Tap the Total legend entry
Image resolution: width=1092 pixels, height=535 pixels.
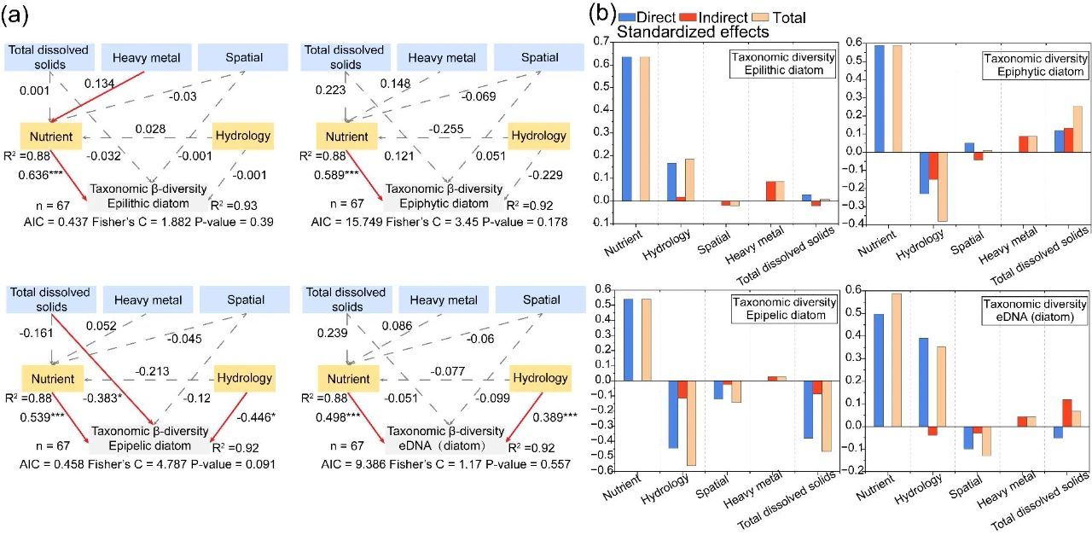pos(778,17)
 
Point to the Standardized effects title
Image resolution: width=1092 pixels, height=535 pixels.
pos(693,32)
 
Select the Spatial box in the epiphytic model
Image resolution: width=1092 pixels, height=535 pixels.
pos(541,57)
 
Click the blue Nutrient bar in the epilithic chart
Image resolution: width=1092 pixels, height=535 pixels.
pos(626,129)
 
